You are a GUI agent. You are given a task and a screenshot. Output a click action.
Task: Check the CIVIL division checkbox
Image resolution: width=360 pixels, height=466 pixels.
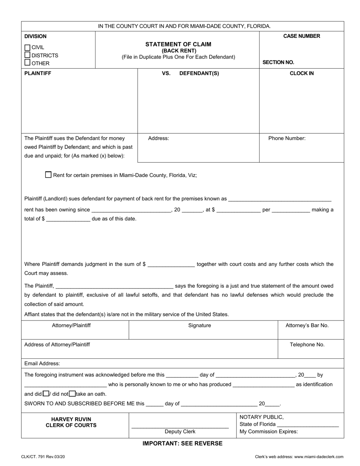pyautogui.click(x=27, y=48)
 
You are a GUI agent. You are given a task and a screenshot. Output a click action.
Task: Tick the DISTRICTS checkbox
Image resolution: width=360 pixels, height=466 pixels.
pyautogui.click(x=27, y=55)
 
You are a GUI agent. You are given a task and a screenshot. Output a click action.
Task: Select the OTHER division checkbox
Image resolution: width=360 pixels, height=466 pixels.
pyautogui.click(x=27, y=63)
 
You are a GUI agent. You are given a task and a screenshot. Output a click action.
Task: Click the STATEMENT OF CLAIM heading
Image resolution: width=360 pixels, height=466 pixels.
pyautogui.click(x=178, y=44)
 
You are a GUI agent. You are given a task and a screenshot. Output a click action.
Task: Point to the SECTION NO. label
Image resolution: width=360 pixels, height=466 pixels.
pyautogui.click(x=278, y=63)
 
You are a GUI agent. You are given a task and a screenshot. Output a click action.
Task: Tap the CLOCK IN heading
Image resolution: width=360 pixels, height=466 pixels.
pyautogui.click(x=302, y=73)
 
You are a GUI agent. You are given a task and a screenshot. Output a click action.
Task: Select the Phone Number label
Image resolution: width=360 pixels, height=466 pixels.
pyautogui.click(x=287, y=138)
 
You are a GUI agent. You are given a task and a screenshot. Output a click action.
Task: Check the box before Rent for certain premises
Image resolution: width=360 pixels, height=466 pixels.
pyautogui.click(x=48, y=175)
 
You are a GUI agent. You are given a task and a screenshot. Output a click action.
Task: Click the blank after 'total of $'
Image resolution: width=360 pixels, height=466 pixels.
pyautogui.click(x=68, y=219)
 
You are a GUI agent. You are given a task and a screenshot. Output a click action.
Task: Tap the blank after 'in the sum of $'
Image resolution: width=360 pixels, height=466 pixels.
pyautogui.click(x=171, y=264)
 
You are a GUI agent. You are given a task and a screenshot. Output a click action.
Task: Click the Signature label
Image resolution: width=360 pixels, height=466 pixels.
pyautogui.click(x=200, y=325)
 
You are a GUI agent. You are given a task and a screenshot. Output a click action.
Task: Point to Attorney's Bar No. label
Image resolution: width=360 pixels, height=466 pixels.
pyautogui.click(x=307, y=325)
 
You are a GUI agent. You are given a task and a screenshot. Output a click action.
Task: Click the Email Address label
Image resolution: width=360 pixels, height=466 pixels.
pyautogui.click(x=42, y=364)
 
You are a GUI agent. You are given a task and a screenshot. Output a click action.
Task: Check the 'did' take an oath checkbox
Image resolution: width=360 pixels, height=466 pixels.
pyautogui.click(x=45, y=394)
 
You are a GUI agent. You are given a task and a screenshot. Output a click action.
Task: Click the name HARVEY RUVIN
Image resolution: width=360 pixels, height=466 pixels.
pyautogui.click(x=71, y=419)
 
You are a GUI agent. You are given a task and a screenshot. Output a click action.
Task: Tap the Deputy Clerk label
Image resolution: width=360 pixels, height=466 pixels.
pyautogui.click(x=180, y=432)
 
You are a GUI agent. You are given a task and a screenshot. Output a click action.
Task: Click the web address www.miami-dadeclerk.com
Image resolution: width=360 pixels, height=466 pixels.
pyautogui.click(x=320, y=457)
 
